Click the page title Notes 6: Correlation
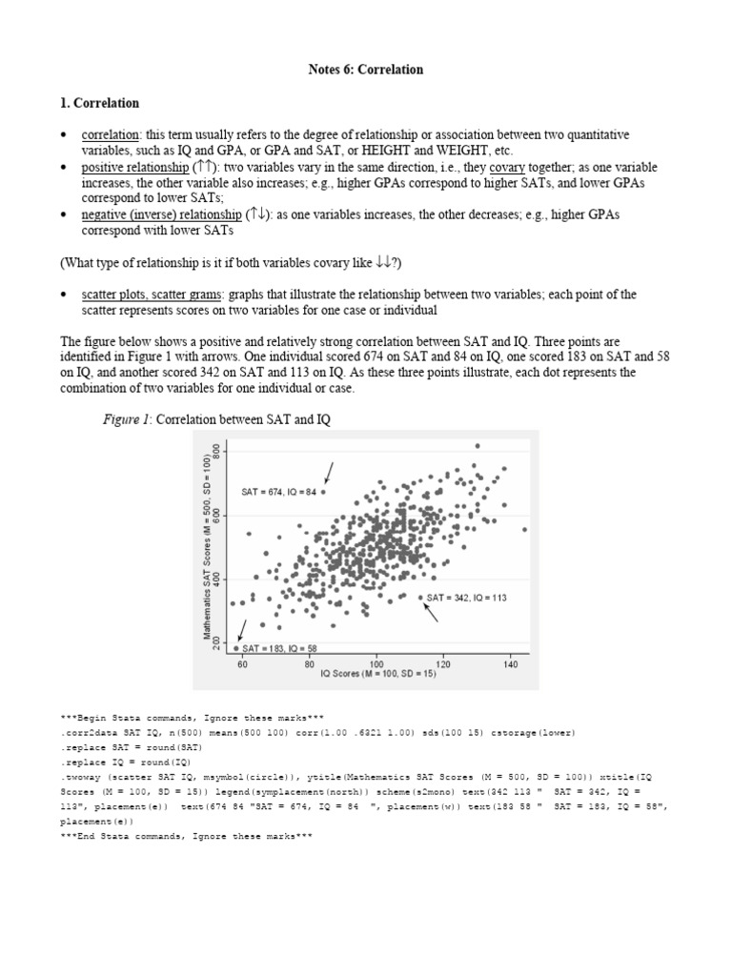tap(366, 70)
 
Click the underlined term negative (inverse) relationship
tap(161, 214)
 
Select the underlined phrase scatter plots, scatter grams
tap(152, 295)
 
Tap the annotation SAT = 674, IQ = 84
tap(278, 493)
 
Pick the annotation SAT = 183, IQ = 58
tap(280, 648)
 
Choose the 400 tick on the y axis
tap(216, 580)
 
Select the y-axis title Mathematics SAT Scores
tap(205, 545)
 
